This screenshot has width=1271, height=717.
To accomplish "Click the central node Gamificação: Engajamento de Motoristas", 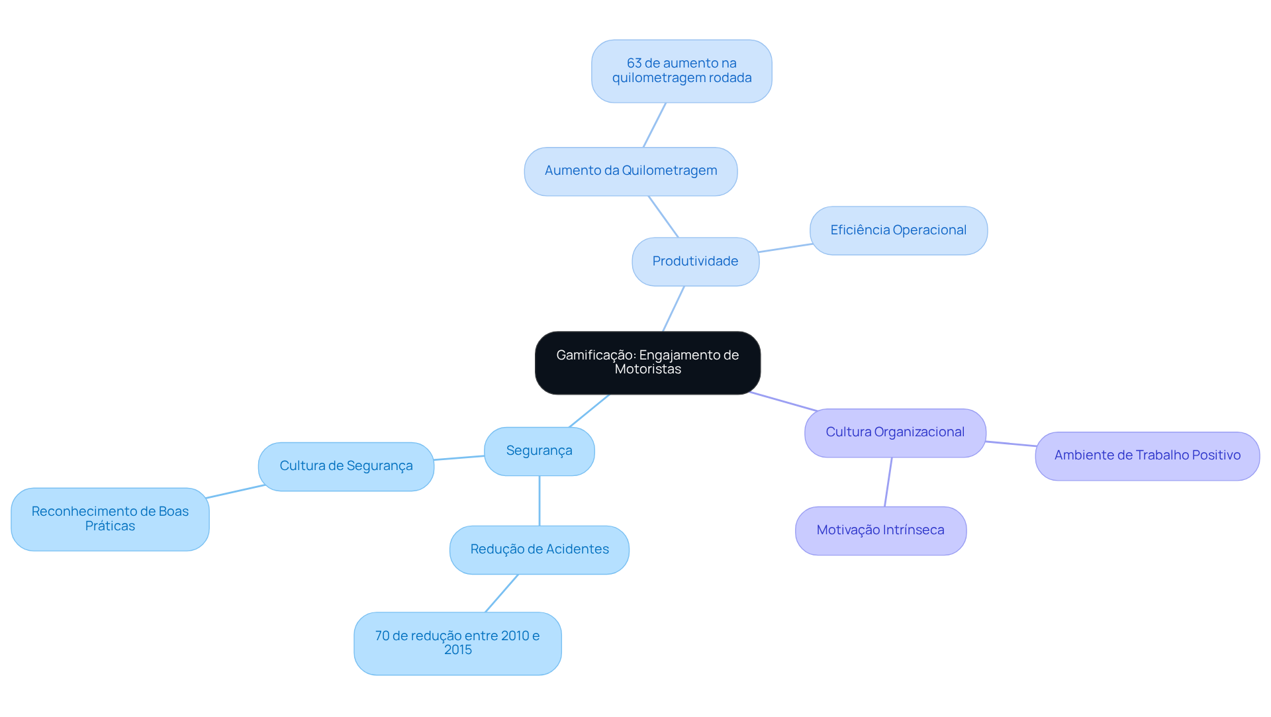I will click(647, 362).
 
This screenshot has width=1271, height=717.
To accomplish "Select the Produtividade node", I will click(695, 262).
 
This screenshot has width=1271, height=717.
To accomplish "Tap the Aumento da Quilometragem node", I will click(630, 171).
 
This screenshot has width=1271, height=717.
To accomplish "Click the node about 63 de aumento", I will click(681, 71).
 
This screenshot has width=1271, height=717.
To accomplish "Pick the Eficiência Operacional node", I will click(898, 230).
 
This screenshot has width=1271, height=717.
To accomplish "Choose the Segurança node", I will click(539, 451).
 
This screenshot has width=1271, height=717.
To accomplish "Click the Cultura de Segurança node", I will click(346, 466).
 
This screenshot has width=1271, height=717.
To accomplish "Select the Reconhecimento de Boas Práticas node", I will click(110, 519).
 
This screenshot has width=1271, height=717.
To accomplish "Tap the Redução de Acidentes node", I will click(539, 550).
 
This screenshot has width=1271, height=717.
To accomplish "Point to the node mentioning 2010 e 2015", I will click(457, 643).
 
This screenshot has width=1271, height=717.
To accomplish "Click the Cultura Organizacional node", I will click(894, 432).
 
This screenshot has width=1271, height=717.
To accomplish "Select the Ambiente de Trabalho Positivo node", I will click(1147, 455).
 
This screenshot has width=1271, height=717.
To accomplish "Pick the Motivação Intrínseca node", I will click(880, 530).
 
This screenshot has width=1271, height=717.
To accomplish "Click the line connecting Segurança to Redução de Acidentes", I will click(539, 501).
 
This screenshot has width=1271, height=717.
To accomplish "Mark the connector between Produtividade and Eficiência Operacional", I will click(784, 248).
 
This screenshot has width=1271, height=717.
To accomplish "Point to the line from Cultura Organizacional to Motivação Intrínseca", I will click(888, 482).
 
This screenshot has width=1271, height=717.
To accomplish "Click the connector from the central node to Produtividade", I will click(673, 309).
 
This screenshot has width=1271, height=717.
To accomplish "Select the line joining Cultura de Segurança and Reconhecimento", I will click(236, 491).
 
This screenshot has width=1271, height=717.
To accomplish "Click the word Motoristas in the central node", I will click(647, 369).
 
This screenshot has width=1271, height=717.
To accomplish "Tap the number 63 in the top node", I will click(634, 64).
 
